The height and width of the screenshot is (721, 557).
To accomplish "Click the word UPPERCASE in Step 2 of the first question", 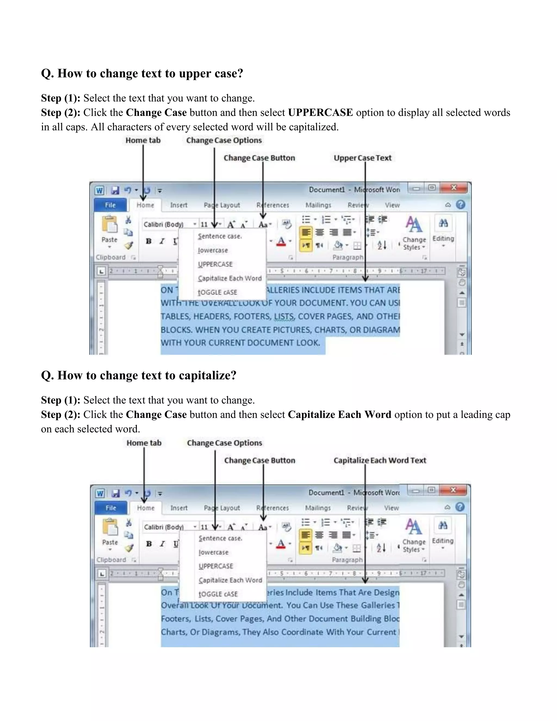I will [320, 113].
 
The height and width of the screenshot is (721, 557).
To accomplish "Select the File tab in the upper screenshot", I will [110, 205].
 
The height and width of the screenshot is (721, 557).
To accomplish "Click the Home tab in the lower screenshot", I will [146, 508].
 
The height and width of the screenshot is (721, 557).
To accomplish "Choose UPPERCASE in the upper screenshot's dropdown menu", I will [215, 264].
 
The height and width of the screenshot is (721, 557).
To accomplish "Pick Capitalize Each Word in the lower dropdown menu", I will [230, 580].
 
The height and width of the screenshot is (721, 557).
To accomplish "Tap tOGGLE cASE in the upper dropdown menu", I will [217, 292].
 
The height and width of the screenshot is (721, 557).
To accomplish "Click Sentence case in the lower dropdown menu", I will [220, 538].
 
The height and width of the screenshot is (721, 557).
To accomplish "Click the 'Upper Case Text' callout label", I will [362, 158].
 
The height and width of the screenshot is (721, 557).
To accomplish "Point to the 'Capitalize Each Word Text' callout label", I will [379, 460].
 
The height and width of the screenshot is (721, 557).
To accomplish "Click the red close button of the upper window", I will [454, 188].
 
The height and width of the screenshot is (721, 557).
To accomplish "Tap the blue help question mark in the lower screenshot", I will [460, 507].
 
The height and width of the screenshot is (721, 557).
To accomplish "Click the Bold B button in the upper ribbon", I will [149, 241].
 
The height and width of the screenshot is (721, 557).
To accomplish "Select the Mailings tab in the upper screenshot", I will [318, 205].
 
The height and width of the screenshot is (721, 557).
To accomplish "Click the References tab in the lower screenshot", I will [272, 508].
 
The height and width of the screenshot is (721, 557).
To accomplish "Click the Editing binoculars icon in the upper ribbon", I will [443, 223].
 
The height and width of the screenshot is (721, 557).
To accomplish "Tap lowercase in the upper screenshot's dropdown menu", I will [213, 250].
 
